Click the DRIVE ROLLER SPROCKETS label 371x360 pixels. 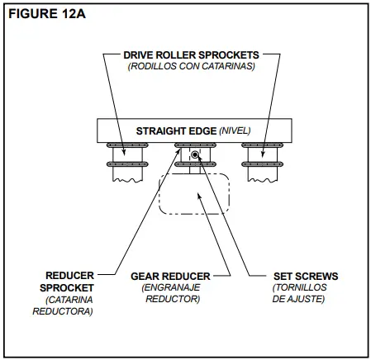click(x=190, y=54)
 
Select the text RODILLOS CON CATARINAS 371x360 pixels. click(x=190, y=66)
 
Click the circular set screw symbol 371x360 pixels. click(x=195, y=155)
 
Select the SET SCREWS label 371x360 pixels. click(x=298, y=276)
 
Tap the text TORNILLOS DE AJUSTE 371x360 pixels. click(x=298, y=293)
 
